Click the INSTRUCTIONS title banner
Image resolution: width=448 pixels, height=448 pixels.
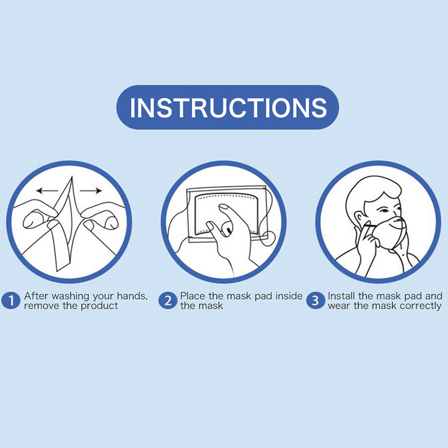point(227,107)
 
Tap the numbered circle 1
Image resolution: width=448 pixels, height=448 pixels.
point(11,301)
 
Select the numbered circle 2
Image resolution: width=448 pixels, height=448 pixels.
point(167,301)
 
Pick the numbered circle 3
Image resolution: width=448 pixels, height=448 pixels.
point(315,301)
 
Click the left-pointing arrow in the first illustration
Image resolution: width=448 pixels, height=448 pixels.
point(47,190)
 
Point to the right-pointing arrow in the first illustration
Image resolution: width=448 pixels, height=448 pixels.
point(91,190)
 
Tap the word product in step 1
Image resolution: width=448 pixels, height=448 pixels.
point(99,306)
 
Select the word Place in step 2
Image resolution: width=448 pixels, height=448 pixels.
point(193,296)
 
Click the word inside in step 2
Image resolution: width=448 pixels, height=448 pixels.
point(289,296)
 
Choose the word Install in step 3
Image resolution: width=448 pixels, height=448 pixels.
point(342,296)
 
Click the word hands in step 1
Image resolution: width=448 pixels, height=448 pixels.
point(131,296)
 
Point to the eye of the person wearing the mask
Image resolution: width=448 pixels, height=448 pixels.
point(384,211)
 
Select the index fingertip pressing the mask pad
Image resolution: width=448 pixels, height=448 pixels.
point(223,208)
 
